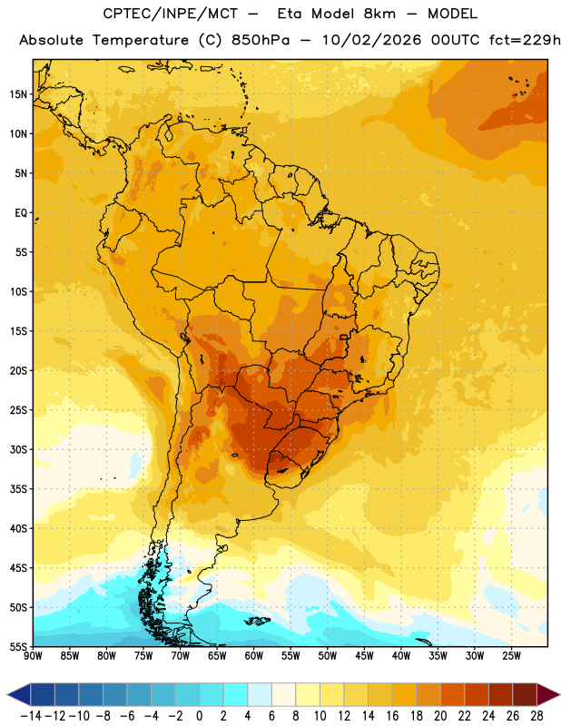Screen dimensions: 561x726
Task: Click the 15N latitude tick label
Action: (18, 94)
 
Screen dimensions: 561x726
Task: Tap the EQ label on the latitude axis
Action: (21, 213)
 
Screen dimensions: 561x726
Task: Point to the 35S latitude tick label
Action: (18, 489)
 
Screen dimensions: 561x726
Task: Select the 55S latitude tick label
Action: (18, 646)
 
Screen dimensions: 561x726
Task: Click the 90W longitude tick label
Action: (33, 656)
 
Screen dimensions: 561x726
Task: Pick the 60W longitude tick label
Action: (254, 656)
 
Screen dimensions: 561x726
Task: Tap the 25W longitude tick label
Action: (511, 656)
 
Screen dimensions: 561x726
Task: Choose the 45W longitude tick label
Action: (364, 656)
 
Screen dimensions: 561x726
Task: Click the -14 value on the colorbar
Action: (31, 716)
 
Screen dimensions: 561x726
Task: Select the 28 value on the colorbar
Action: (536, 716)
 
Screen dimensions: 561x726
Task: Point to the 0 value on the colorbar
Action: (199, 716)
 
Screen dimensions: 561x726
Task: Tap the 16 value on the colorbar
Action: (392, 716)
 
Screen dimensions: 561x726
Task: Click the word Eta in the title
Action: (290, 14)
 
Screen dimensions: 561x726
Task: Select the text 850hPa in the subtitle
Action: (261, 40)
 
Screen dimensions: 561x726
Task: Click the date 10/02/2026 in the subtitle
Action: (372, 40)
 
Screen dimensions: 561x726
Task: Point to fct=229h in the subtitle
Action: (525, 40)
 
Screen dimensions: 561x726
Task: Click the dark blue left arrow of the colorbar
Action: (19, 694)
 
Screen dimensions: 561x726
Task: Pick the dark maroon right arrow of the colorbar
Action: (548, 694)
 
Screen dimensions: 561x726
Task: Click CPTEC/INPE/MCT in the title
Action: (171, 14)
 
